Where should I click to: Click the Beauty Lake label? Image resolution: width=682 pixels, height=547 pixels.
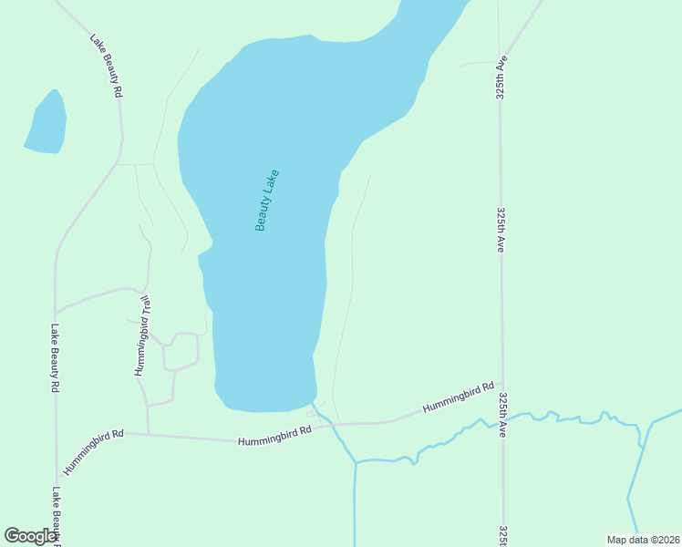pyautogui.click(x=266, y=201)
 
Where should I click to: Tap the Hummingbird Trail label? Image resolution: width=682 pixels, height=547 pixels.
pyautogui.click(x=142, y=335)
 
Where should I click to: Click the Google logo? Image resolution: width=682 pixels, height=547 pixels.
pyautogui.click(x=31, y=536)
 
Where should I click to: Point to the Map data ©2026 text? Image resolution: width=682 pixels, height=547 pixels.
pyautogui.click(x=643, y=540)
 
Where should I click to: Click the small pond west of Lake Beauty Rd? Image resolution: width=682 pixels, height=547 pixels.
pyautogui.click(x=46, y=122)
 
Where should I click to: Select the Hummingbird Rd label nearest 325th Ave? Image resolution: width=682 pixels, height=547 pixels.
pyautogui.click(x=459, y=399)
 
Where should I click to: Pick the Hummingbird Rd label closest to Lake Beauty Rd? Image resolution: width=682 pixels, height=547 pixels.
pyautogui.click(x=93, y=452)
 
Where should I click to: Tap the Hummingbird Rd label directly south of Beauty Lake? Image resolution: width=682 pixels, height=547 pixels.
pyautogui.click(x=274, y=436)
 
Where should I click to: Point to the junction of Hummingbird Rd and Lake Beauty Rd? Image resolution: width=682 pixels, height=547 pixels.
pyautogui.click(x=57, y=480)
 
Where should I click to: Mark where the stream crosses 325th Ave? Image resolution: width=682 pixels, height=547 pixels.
pyautogui.click(x=502, y=418)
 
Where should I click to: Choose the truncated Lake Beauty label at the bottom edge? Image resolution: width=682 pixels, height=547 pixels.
pyautogui.click(x=57, y=516)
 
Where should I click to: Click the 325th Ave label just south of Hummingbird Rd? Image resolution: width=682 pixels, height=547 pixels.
pyautogui.click(x=503, y=416)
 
